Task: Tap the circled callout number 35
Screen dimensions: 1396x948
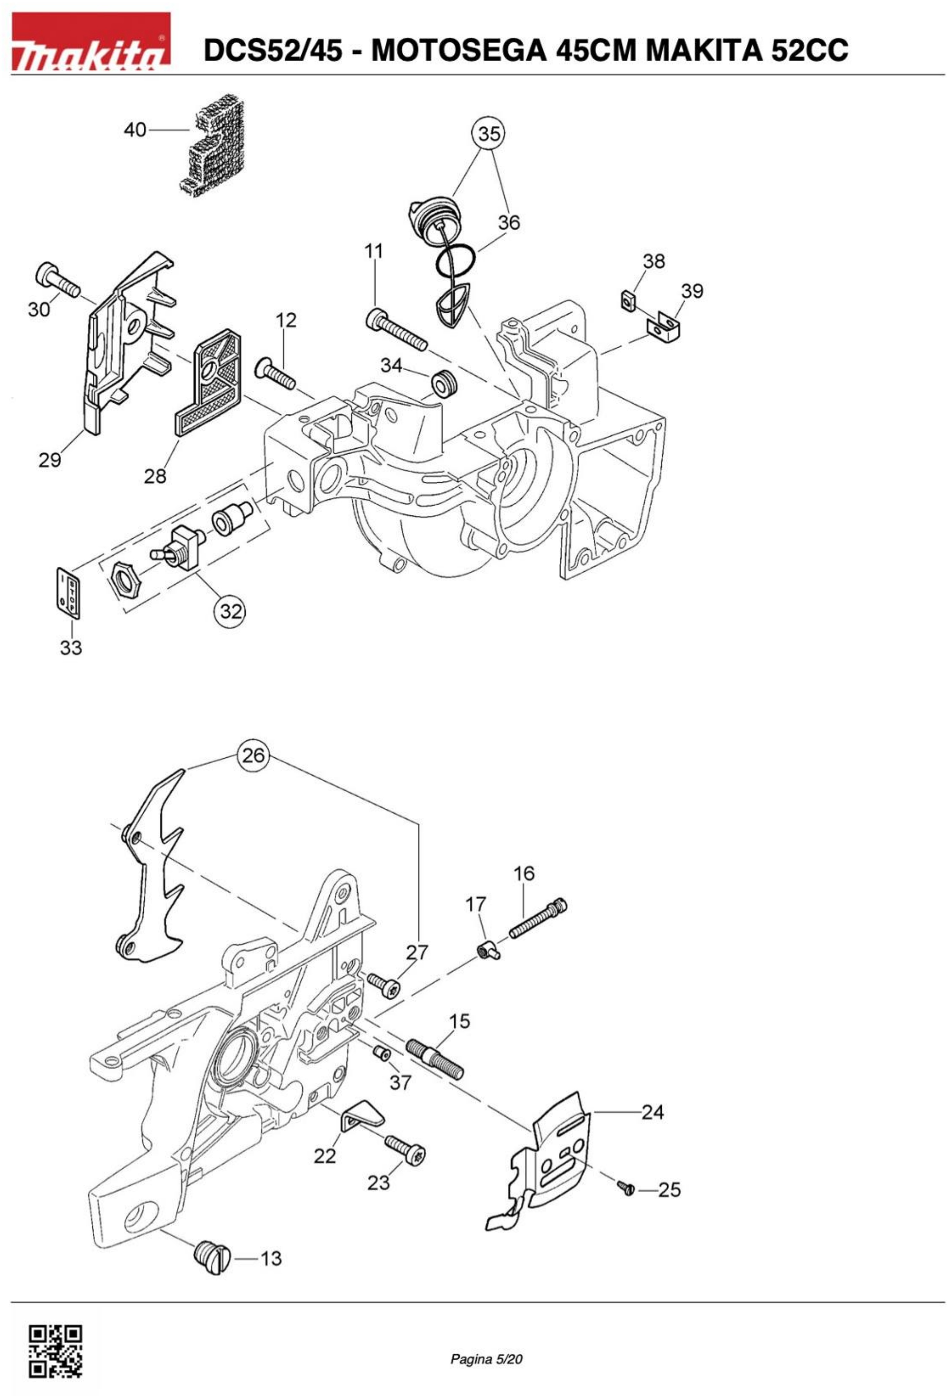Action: (489, 133)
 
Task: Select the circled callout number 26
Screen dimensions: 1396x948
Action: (253, 755)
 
